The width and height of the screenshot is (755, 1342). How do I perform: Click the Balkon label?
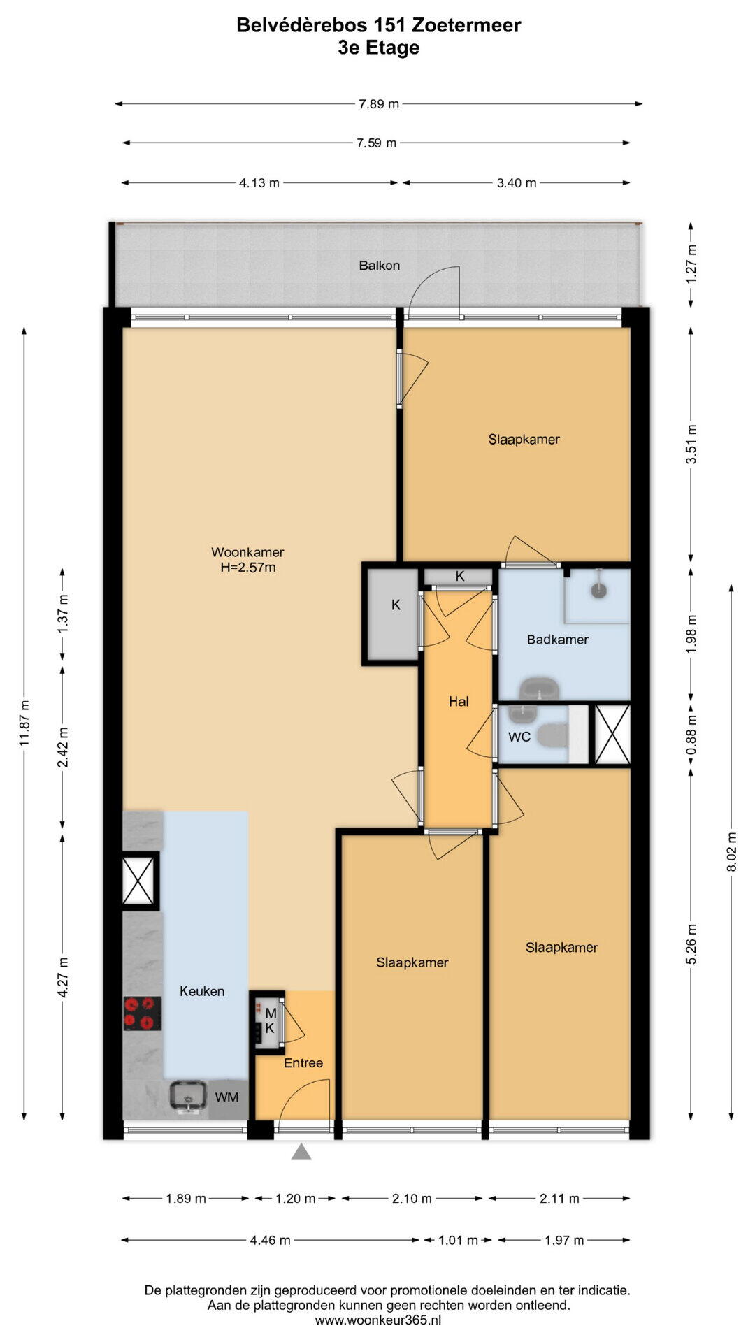point(379,266)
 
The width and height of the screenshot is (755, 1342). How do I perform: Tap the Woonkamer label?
point(247,552)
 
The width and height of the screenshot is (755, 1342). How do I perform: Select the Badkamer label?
point(557,639)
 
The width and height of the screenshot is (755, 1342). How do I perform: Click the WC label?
point(519,737)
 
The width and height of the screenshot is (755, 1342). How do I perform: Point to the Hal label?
point(459,701)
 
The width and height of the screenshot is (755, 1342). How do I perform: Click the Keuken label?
point(202,991)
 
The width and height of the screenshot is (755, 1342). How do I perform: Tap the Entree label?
point(303,1062)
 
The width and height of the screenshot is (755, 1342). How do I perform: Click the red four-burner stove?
point(143,1013)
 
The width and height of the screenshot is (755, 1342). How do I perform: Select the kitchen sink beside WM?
point(188,1098)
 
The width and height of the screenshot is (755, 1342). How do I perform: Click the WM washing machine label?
point(226,1097)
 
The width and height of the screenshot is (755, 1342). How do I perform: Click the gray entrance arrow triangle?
point(301,1151)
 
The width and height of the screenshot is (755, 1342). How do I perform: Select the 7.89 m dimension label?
point(379,104)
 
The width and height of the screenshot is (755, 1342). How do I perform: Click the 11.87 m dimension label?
point(24,723)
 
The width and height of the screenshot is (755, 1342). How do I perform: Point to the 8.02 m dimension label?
point(732,851)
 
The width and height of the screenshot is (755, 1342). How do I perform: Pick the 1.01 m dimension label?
point(458,1240)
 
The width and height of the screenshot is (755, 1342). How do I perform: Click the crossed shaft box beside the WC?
point(612,734)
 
